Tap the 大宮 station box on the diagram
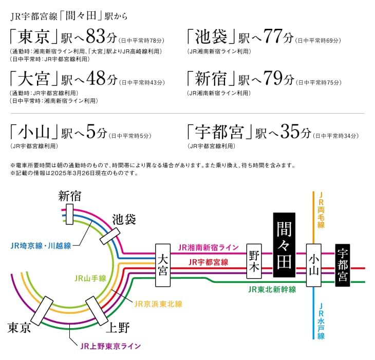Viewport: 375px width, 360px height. (x=163, y=265)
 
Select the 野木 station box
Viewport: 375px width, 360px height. (x=254, y=261)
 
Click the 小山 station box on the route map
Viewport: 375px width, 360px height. (x=313, y=265)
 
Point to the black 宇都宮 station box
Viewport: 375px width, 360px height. (x=343, y=265)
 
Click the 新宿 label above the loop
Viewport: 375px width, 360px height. (x=70, y=196)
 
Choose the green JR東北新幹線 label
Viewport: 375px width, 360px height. (x=272, y=290)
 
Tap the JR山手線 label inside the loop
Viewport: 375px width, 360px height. (x=90, y=278)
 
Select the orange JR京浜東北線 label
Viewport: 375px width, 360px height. (x=158, y=304)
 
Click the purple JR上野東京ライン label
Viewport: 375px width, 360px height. (x=110, y=346)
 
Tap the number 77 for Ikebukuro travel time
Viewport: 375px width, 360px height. (x=274, y=37)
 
